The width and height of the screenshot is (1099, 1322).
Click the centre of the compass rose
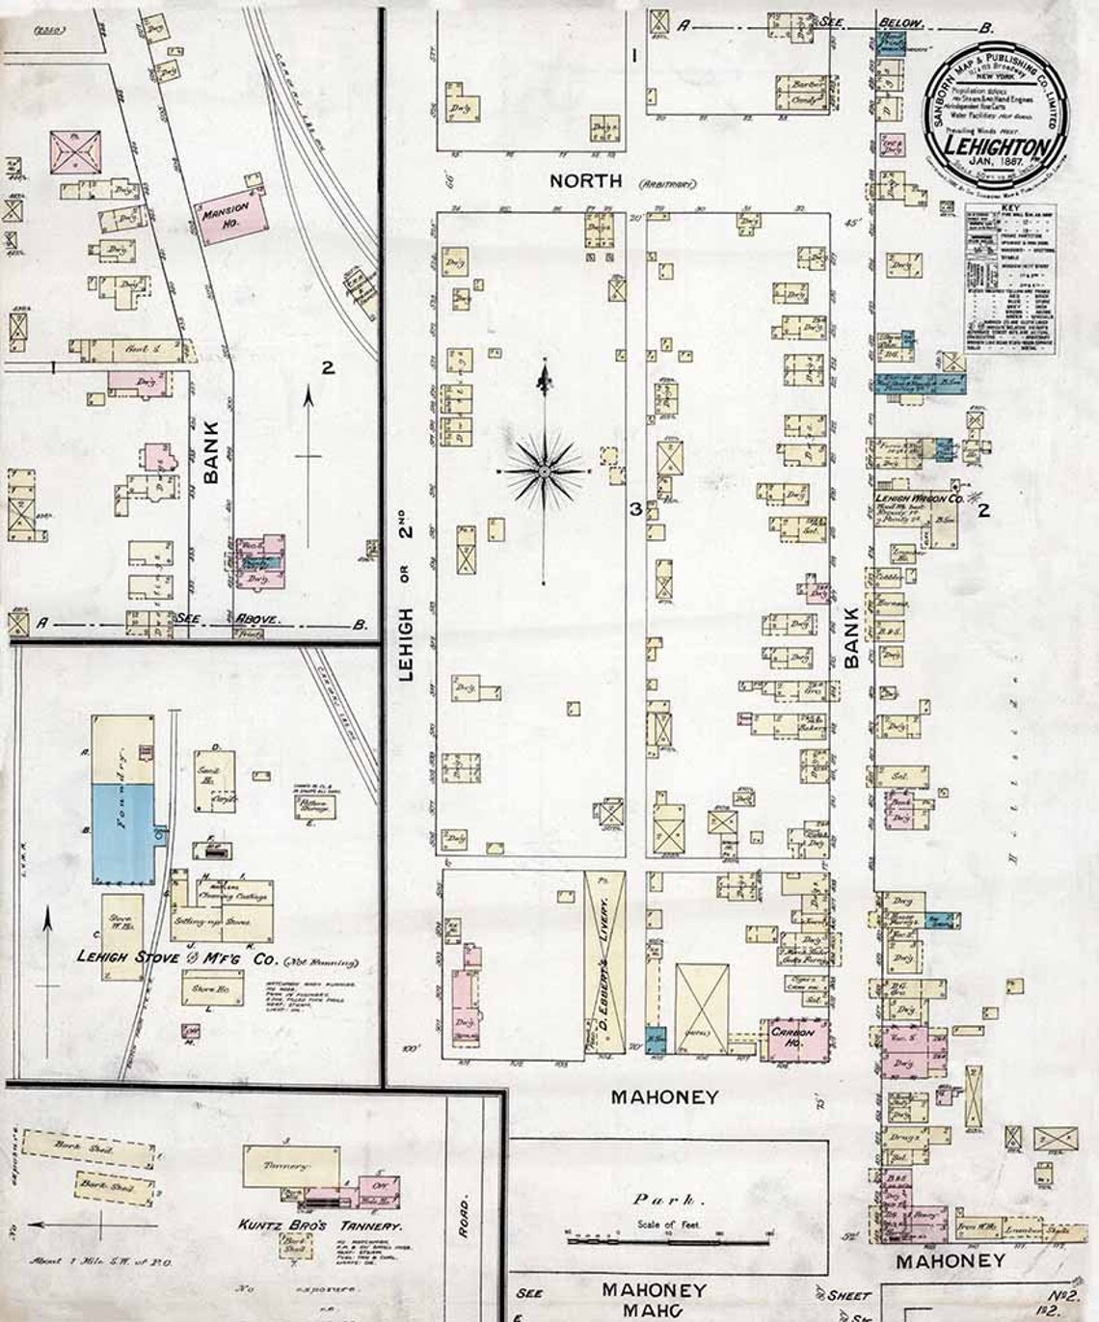(544, 471)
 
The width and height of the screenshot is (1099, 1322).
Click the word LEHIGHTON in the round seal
(996, 148)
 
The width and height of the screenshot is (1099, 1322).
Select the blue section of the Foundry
(122, 831)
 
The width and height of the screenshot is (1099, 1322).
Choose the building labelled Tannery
(291, 1166)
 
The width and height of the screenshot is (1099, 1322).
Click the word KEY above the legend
(1008, 207)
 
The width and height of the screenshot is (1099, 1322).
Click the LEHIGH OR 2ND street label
(406, 603)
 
